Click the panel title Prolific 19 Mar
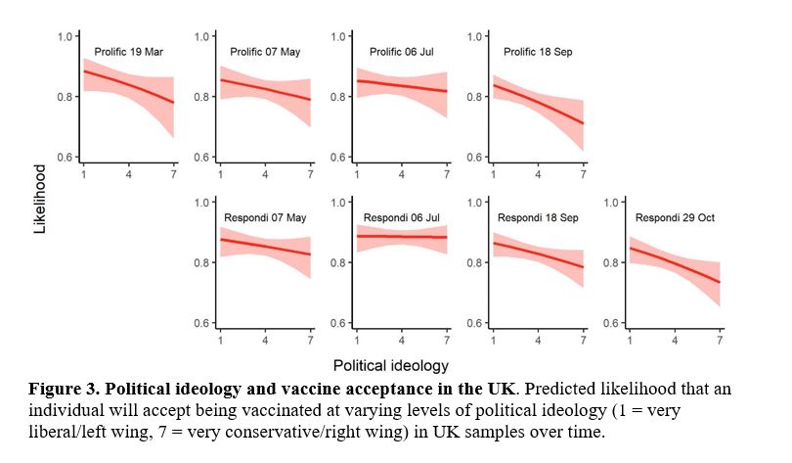pos(128,51)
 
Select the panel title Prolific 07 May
pos(265,51)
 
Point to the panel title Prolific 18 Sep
pos(539,51)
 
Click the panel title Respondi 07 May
pos(266,216)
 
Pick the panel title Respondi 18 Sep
pos(539,216)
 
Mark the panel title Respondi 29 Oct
pos(676,216)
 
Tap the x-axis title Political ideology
pos(401,364)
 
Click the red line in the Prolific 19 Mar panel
pos(128,85)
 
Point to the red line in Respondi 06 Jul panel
pos(402,236)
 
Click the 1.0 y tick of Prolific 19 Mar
pos(66,36)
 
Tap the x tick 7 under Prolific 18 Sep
pos(584,174)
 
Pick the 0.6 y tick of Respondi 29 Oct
pos(614,323)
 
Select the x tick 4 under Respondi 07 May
pos(265,340)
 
